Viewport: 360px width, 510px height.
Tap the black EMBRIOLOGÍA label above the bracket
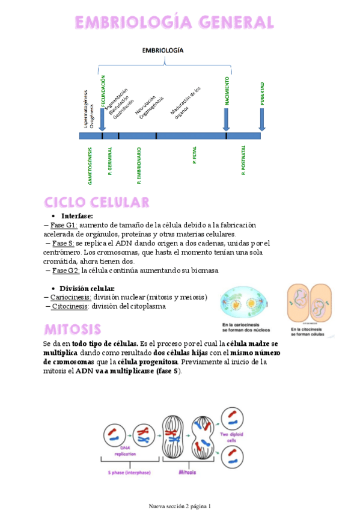tap(163, 51)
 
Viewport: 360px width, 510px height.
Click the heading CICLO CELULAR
tap(96, 201)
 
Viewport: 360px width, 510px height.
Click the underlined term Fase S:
tap(63, 243)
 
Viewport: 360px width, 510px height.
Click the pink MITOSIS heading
tap(72, 330)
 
